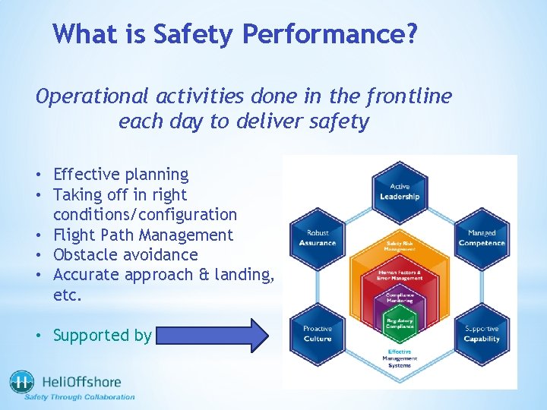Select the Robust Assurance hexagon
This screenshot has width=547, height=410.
tap(318, 238)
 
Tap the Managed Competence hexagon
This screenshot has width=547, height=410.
tap(482, 238)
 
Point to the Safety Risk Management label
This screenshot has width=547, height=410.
tap(400, 245)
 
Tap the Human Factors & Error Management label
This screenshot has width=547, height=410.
tap(400, 275)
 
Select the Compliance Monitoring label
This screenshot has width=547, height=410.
tap(400, 298)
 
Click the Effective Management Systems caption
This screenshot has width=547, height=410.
tap(400, 358)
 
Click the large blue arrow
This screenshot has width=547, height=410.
tap(213, 335)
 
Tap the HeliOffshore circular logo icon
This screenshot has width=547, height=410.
tap(21, 383)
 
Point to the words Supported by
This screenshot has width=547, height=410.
tap(103, 335)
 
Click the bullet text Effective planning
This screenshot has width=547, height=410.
tap(121, 175)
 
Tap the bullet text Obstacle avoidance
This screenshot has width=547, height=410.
tap(125, 254)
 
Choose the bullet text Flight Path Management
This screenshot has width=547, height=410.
tap(143, 235)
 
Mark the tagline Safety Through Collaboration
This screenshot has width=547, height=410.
tap(80, 396)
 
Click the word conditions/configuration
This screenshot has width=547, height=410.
tap(145, 215)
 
